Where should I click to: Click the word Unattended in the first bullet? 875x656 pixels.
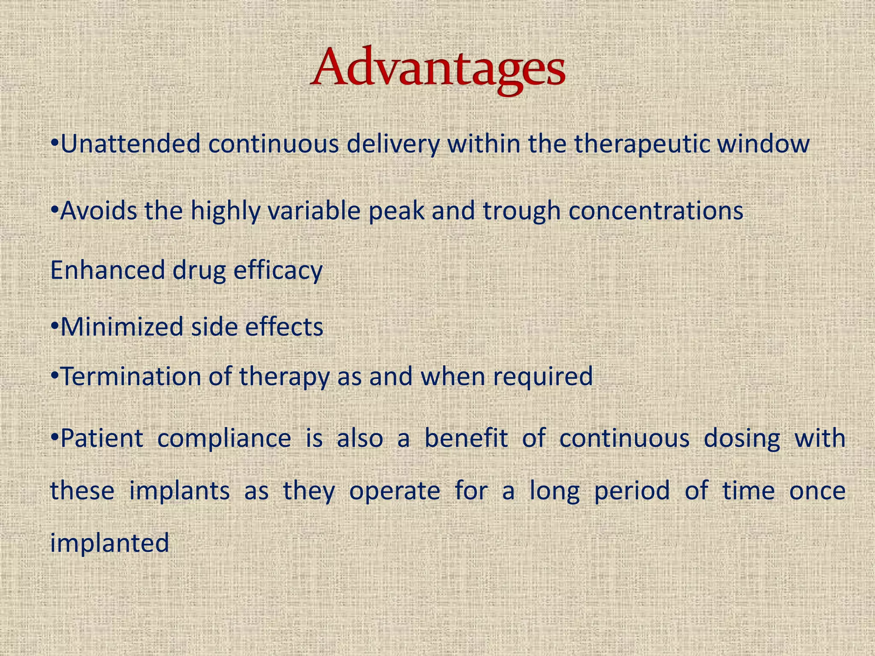point(130,144)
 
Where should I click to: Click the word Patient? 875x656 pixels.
point(102,439)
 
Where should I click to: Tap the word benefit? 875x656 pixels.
point(466,439)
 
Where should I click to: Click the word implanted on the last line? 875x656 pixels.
point(110,543)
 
